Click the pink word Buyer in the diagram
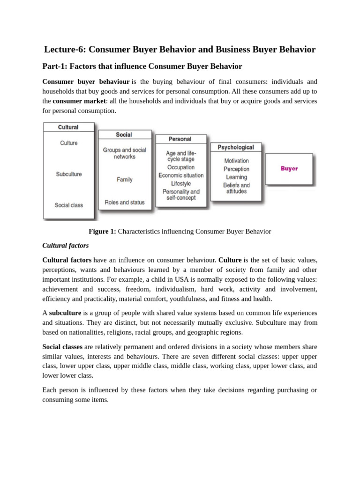[289, 169]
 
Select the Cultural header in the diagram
[68, 127]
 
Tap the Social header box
[124, 135]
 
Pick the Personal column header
[180, 139]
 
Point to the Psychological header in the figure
[236, 147]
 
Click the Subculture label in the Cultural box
[69, 174]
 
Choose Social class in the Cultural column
[68, 205]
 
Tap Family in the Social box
[125, 180]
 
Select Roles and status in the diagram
[125, 202]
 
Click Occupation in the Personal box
[180, 167]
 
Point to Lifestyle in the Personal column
[181, 184]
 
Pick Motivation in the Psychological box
[237, 161]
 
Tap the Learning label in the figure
[237, 177]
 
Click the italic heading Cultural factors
[66, 245]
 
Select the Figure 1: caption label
[102, 231]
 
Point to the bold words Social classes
[62, 347]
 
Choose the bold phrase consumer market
[76, 101]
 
